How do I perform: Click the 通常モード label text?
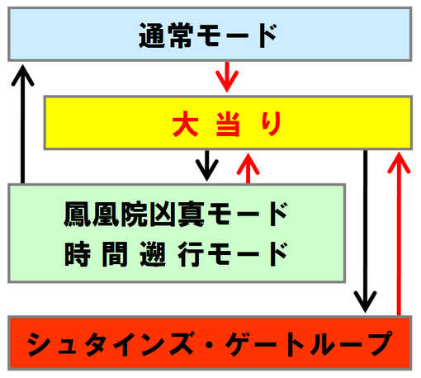pos(208,35)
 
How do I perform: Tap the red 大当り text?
pos(227,124)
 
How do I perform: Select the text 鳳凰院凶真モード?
pos(176,214)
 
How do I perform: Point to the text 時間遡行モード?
pos(176,253)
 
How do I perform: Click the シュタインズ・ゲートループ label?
pos(210,343)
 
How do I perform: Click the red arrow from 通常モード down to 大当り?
pos(227,77)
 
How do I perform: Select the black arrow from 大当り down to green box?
pos(207,166)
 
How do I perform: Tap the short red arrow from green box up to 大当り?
pos(248,168)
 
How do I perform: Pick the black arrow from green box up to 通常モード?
pos(22,124)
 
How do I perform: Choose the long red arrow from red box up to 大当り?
pos(399,234)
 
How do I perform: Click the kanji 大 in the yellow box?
pos(186,124)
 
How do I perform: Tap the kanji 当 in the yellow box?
pos(228,124)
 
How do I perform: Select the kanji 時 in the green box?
pos(78,253)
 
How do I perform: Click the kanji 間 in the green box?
pos(115,254)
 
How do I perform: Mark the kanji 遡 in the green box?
pos(153,253)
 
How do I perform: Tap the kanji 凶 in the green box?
pos(162,214)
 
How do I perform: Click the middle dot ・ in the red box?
pos(210,344)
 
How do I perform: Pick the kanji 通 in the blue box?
pos(152,35)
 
